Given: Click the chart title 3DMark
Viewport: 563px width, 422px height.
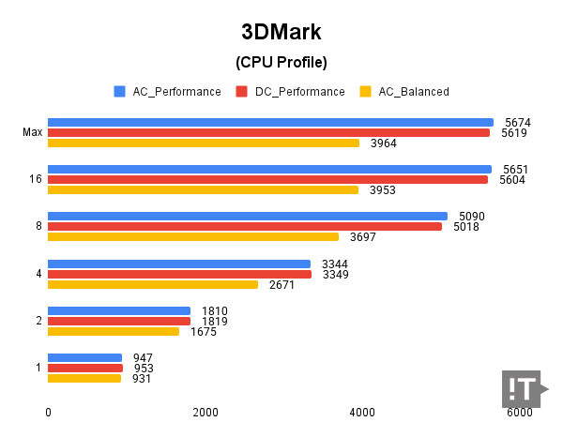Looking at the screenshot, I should (x=281, y=32).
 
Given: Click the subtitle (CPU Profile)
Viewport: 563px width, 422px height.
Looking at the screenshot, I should (x=281, y=64).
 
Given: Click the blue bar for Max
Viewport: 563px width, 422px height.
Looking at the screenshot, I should (x=270, y=122).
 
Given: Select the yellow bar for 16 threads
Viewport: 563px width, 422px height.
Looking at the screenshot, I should (x=203, y=189).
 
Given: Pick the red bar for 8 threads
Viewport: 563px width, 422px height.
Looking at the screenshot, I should (x=244, y=226).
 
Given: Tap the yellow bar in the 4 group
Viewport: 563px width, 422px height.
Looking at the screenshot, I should (x=153, y=284).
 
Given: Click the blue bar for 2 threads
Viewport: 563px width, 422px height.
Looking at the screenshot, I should (x=119, y=310).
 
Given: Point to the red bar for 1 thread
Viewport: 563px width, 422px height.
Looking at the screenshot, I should (x=85, y=368).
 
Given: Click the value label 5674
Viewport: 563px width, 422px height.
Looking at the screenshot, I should (x=517, y=122).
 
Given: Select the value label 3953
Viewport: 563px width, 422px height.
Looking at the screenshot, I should (x=382, y=190).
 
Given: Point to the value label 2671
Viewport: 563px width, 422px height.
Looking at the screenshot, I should (x=282, y=285).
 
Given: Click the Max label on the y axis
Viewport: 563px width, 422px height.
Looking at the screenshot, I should (x=32, y=132).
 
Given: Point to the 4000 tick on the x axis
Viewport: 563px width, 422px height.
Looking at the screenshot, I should (x=362, y=412).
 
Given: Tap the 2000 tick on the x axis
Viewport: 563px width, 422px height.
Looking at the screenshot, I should (x=205, y=412).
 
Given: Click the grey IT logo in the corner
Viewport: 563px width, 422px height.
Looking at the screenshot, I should (x=522, y=388).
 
